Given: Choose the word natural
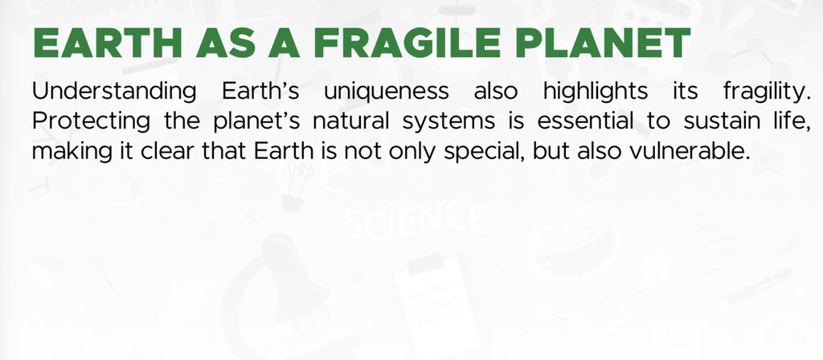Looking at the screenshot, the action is (x=350, y=121).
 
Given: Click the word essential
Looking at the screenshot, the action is (x=585, y=121).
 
